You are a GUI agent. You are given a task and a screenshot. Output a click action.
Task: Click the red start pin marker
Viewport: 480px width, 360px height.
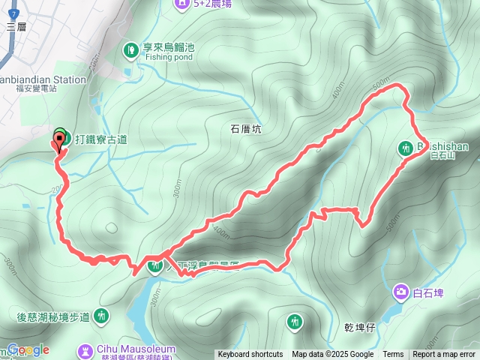click(x=59, y=141)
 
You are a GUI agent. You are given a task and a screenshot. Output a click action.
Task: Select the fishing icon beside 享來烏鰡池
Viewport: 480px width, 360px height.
click(x=131, y=49)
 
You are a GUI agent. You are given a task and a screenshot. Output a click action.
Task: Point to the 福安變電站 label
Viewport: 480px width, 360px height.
click(x=36, y=88)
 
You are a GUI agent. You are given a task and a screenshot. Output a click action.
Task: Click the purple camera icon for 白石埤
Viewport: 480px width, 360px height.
click(x=401, y=292)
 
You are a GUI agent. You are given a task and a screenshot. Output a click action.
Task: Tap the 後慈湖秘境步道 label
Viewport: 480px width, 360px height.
click(x=52, y=317)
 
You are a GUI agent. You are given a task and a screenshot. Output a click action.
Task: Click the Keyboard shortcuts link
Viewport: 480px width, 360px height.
click(x=250, y=355)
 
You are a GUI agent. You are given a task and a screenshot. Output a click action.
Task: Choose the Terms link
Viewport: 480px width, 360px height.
click(x=393, y=355)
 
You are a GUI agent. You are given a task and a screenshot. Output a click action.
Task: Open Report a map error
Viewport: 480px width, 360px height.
click(x=444, y=355)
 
